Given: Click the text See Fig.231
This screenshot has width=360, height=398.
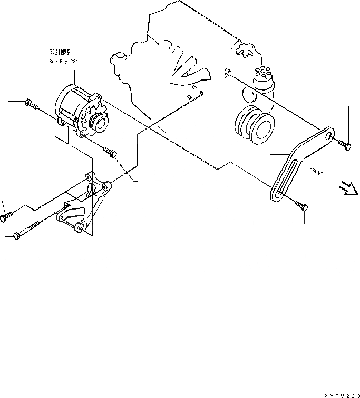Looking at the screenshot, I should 63,61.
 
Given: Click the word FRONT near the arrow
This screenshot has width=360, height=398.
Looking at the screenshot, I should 316,171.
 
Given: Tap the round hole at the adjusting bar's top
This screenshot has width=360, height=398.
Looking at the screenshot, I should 329,137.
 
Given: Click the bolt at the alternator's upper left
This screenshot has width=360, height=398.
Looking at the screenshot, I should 31,105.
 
